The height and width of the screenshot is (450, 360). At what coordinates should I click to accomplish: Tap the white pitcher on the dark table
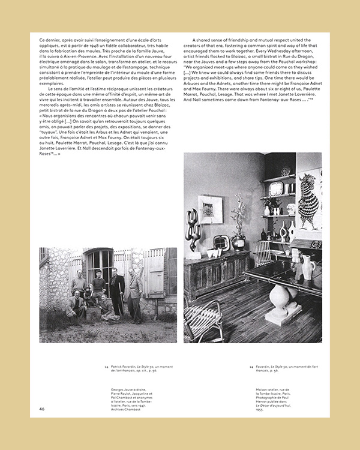tap(307, 267)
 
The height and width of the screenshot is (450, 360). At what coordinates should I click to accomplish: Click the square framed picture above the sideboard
tap(211, 209)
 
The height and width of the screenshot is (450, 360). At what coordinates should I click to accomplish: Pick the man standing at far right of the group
tap(134, 293)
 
